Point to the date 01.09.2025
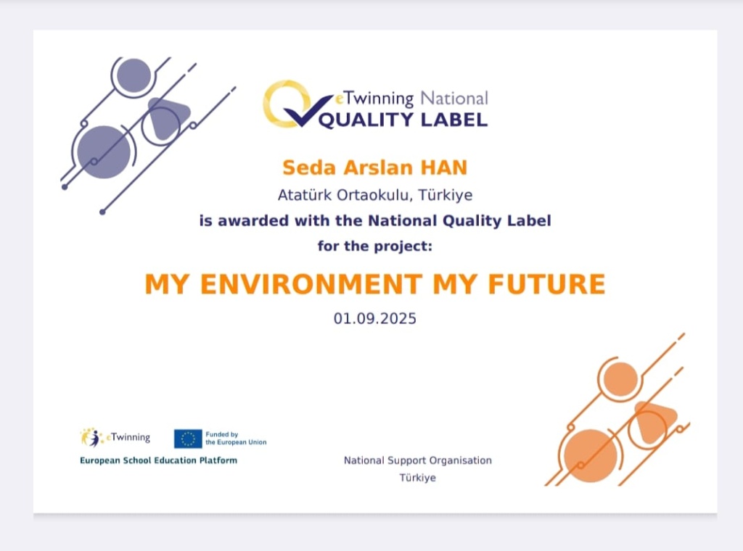point(375,318)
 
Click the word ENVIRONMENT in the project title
point(311,284)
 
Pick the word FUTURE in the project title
point(547,284)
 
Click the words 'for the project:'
point(375,246)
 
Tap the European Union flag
point(188,439)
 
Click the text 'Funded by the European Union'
point(236,439)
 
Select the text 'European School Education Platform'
point(158,460)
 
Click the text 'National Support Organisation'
point(417,460)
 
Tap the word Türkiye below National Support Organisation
point(417,478)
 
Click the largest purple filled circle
point(104,152)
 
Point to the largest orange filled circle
point(591,456)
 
